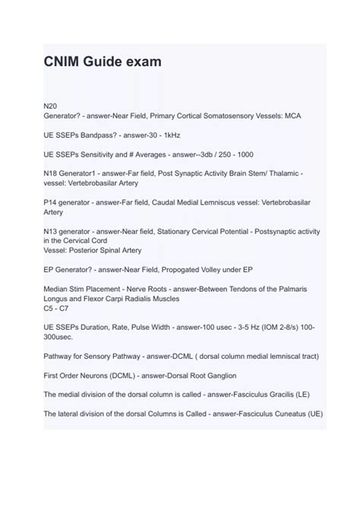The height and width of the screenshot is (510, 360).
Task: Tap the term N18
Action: (52, 173)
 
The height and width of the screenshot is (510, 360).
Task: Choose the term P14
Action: (52, 204)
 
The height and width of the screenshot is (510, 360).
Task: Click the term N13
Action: (52, 234)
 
